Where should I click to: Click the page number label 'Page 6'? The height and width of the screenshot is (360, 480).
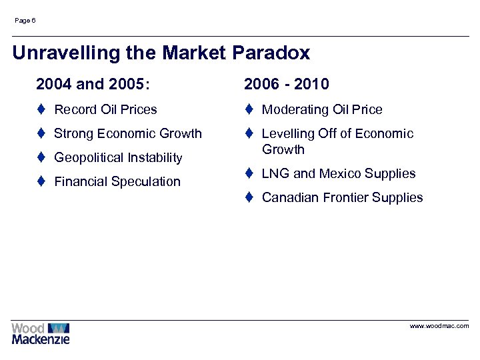(25, 21)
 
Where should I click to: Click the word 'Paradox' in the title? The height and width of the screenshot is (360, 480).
(271, 53)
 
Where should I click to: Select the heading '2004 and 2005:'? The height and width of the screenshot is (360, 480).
(93, 84)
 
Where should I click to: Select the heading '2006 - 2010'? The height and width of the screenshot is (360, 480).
(286, 84)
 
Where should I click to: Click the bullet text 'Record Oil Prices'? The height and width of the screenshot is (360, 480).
(105, 109)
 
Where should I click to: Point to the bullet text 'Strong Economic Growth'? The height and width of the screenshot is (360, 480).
(127, 133)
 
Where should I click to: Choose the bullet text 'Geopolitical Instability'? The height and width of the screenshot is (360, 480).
(117, 157)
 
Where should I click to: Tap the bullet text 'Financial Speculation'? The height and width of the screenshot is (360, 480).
(117, 181)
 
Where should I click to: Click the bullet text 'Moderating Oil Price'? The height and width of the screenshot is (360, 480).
(322, 109)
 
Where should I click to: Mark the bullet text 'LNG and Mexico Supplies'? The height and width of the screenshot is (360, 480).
(338, 173)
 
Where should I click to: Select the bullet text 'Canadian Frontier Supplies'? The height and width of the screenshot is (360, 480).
(342, 197)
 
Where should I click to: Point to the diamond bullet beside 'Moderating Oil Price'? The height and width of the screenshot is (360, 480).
(248, 109)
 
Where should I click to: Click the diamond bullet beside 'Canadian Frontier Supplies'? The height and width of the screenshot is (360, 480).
(248, 197)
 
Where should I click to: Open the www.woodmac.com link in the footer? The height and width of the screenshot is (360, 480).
(439, 326)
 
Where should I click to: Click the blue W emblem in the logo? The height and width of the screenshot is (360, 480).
(59, 328)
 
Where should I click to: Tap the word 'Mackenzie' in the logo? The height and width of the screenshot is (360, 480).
(40, 339)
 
